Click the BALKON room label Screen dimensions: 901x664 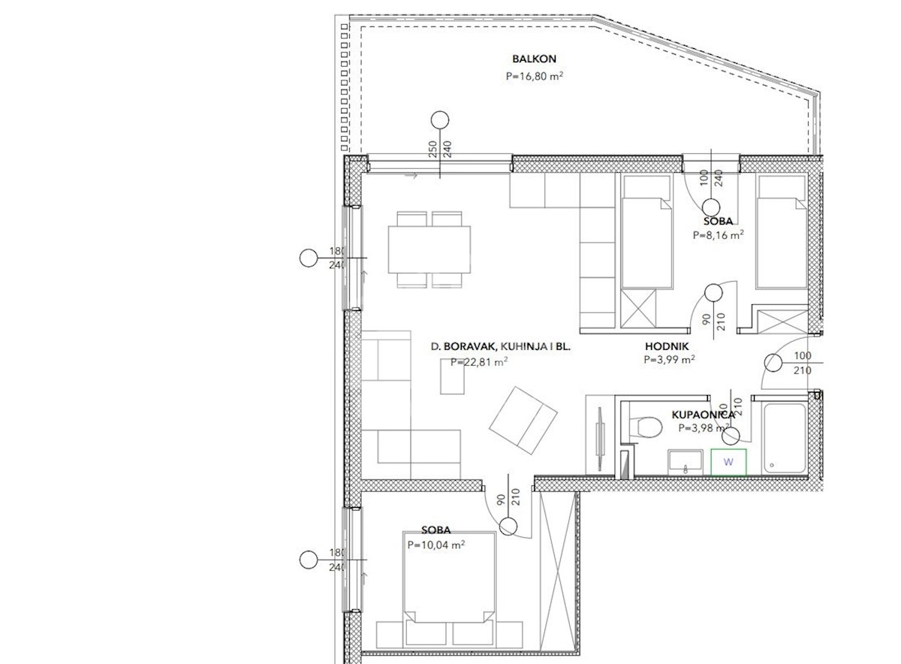tap(534, 59)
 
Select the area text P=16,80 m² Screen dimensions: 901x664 tap(534, 76)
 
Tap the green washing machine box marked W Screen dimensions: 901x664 tap(728, 462)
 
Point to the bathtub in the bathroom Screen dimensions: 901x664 tap(785, 438)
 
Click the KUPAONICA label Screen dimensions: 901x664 tap(703, 415)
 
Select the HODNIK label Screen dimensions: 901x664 tap(667, 346)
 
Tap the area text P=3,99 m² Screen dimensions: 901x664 tap(669, 360)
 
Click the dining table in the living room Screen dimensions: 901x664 tap(429, 249)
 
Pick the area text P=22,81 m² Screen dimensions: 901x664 tap(479, 362)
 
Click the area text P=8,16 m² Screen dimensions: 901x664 tap(718, 235)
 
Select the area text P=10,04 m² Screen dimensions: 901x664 tap(436, 545)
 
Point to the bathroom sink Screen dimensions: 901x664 tap(686, 462)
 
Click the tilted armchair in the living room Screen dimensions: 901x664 tap(523, 421)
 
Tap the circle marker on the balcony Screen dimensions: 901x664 tap(440, 120)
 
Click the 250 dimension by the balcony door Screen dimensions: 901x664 tap(432, 149)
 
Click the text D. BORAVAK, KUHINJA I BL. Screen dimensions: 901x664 tap(500, 346)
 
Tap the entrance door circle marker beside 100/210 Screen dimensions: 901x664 tap(773, 363)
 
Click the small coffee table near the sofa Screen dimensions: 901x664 tap(452, 376)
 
